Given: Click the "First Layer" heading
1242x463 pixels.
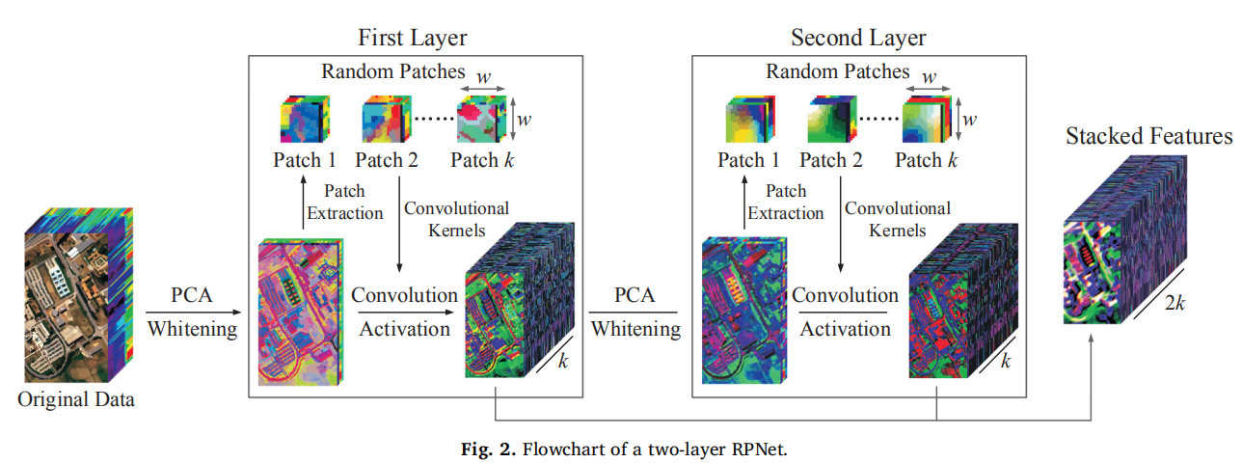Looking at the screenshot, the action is pos(413,38).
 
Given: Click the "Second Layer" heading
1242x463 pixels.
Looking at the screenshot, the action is pos(858,38).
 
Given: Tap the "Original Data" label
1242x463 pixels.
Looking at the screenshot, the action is pos(76,399).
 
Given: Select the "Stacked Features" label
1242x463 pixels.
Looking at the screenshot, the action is pos(1148,136).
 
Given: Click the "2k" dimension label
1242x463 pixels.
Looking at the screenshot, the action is pos(1174,303).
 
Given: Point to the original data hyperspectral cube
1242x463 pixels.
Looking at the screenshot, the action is pos(79,295).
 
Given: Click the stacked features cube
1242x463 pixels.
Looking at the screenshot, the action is pos(1125,239).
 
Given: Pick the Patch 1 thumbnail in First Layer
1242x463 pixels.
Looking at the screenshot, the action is pos(305,120).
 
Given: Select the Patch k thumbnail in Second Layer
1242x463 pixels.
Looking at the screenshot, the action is pos(927,120).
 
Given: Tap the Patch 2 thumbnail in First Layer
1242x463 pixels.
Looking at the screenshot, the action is pos(387,120).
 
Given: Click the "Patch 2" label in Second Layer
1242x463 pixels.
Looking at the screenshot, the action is pos(831,160).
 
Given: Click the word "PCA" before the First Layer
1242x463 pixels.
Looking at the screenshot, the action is pos(191,295).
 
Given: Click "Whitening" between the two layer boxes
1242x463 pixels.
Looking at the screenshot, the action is pos(635,329).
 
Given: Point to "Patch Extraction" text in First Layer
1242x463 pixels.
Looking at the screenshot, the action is pos(345,203).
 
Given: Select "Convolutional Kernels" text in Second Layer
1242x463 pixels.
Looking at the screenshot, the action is pos(897,219).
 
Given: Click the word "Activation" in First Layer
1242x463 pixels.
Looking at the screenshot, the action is pos(404,329).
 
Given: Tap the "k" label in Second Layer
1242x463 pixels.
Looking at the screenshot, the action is pos(1006,362).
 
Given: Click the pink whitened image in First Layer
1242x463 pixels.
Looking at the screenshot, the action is pos(301,313).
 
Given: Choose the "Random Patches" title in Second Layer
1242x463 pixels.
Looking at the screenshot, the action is pos(838,71).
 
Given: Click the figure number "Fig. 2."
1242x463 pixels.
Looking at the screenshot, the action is pos(488,449).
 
